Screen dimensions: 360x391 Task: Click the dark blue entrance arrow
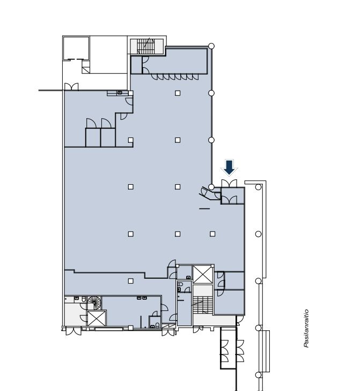click(229, 168)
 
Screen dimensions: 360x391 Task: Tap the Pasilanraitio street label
click(306, 328)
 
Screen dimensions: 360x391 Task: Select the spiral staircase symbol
click(94, 303)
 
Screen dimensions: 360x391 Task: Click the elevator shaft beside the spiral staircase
click(97, 318)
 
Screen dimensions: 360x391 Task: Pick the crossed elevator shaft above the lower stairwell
click(203, 274)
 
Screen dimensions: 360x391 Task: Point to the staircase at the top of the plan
click(146, 46)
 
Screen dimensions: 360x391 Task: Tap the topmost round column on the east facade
click(211, 46)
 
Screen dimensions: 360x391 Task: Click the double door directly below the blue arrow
click(229, 183)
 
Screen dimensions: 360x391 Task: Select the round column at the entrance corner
click(211, 187)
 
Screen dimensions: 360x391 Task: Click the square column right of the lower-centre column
click(212, 234)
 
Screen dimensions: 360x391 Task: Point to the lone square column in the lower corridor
click(130, 281)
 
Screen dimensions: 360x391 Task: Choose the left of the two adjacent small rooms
click(93, 137)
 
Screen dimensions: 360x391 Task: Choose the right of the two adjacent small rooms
click(108, 137)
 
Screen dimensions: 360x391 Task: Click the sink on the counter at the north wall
click(120, 92)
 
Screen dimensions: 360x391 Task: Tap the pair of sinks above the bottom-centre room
click(142, 298)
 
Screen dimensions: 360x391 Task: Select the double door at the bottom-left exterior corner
click(74, 331)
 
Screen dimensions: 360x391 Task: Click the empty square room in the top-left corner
click(76, 48)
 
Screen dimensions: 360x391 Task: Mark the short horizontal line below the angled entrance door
click(204, 208)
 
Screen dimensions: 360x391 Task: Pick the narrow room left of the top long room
click(136, 66)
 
